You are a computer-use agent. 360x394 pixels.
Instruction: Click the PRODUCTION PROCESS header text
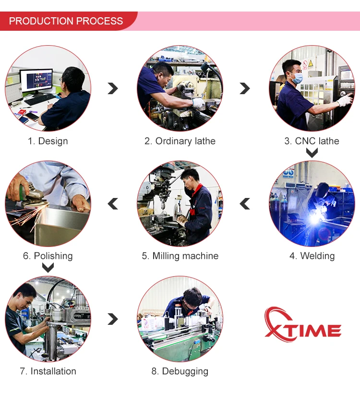click(x=66, y=21)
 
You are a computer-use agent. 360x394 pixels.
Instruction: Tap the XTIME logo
click(x=303, y=324)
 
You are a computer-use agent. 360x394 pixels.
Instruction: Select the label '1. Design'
click(x=48, y=141)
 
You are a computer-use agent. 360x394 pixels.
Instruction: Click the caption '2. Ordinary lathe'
click(x=180, y=141)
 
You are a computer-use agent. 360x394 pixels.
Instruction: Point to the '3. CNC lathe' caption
click(x=312, y=141)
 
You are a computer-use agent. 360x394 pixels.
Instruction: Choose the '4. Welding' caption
click(x=312, y=256)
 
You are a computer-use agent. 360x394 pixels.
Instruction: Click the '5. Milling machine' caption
click(x=180, y=256)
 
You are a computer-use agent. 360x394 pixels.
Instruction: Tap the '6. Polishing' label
click(x=48, y=256)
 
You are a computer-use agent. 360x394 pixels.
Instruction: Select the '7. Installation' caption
click(x=48, y=371)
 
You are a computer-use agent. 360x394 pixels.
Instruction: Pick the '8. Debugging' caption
click(x=180, y=371)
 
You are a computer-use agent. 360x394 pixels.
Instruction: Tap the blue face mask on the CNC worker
click(x=297, y=78)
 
